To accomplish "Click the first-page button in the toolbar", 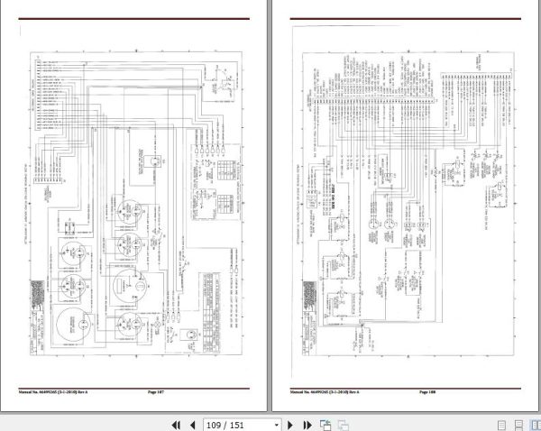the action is click(176, 424).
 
